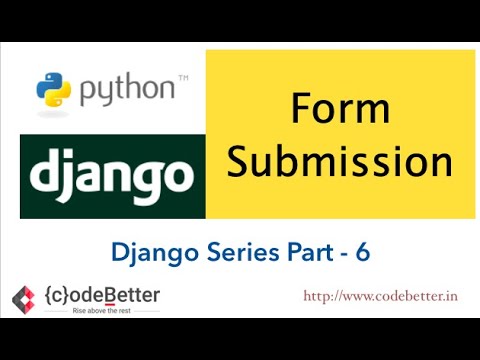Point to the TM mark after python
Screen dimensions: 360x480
(183, 78)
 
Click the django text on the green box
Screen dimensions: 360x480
(111, 178)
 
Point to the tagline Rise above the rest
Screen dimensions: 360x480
(101, 311)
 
